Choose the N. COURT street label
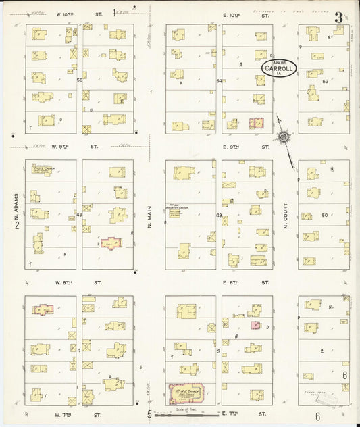pos(286,216)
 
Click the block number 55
pos(79,80)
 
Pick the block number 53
pos(325,81)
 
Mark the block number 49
pos(219,216)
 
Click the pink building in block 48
pos(111,242)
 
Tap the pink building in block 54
pos(256,124)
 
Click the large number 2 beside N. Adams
pos(18,225)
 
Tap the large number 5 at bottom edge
pos(150,414)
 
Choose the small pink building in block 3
pos(255,325)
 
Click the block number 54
pos(219,81)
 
